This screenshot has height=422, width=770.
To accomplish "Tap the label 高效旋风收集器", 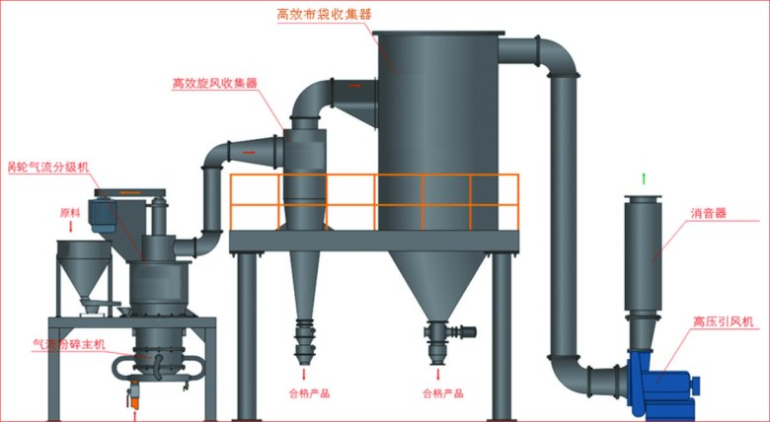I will [214, 84].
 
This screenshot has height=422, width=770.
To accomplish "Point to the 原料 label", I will [69, 211].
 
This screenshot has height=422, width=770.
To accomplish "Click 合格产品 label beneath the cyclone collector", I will [305, 393].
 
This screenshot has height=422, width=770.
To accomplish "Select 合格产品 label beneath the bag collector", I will [441, 393].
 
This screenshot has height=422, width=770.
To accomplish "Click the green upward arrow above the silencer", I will [644, 178].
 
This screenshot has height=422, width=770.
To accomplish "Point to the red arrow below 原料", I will [69, 227].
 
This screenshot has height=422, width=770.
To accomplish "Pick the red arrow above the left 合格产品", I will [304, 375].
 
